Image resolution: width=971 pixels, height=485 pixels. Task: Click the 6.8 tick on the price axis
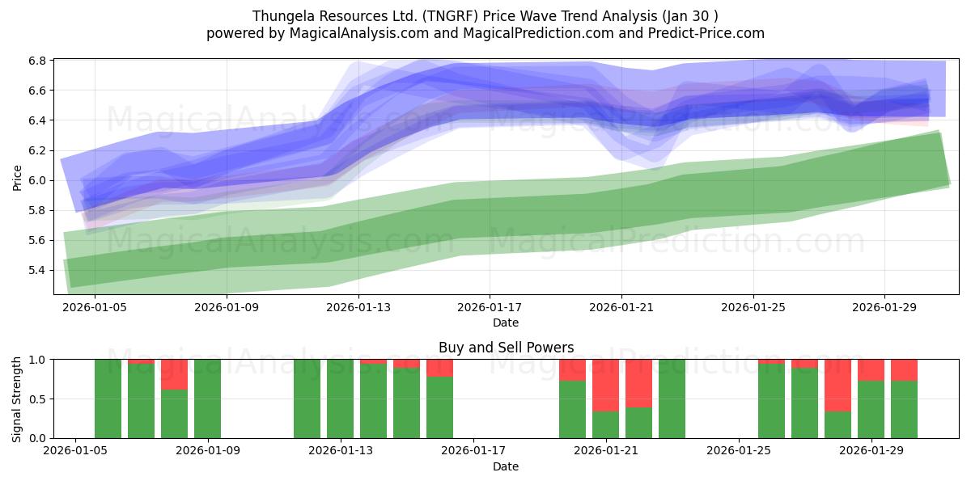pos(37,61)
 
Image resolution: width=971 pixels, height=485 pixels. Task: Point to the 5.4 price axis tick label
pos(37,271)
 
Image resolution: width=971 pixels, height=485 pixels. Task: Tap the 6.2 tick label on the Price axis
pos(37,150)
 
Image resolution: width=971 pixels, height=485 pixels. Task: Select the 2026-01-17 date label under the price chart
pos(490,307)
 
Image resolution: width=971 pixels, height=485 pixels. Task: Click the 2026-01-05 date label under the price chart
pos(95,307)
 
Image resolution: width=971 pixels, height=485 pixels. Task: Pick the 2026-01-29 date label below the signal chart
pos(871,451)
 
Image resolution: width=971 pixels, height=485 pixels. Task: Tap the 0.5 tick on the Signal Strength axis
pos(37,399)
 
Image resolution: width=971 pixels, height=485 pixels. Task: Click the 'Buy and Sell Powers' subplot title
pos(506,348)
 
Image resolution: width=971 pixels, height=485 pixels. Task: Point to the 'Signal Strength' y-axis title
pos(16,399)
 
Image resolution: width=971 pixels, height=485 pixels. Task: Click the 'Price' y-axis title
pos(17,178)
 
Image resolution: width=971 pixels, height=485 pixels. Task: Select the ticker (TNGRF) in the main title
pos(451,16)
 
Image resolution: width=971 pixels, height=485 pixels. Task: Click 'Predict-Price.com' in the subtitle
pos(706,33)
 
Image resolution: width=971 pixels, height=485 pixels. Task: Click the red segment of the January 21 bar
pos(605,386)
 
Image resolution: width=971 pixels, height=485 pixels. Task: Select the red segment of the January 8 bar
pos(174,374)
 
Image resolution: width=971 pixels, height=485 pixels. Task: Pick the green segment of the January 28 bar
pos(838,425)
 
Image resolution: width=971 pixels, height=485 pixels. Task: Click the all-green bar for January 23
pos(672,399)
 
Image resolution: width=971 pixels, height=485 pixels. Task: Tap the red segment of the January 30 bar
pos(905,370)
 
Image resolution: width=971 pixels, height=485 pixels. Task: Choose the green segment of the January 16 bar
pos(439,407)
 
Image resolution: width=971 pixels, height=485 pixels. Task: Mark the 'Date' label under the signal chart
pos(506,467)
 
